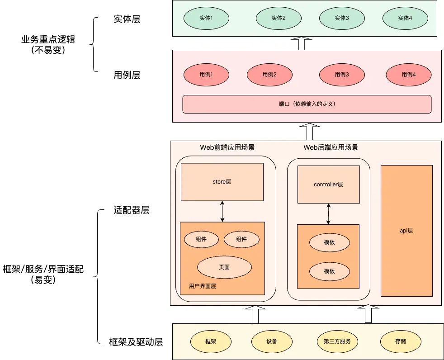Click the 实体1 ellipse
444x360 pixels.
(206, 19)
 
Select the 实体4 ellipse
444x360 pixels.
(405, 19)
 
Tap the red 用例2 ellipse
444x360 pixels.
(269, 75)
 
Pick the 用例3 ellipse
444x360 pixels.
(341, 75)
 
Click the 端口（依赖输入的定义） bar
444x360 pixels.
(307, 104)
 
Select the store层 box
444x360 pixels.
(222, 182)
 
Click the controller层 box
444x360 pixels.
(328, 185)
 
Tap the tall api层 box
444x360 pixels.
(406, 231)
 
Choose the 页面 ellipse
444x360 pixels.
(224, 267)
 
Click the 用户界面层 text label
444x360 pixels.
(202, 287)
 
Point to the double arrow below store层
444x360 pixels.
(222, 211)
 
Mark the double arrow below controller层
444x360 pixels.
(328, 214)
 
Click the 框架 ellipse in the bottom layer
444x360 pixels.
(210, 341)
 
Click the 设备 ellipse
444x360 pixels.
(271, 341)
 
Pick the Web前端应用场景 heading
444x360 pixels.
(227, 147)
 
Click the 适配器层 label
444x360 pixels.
(131, 210)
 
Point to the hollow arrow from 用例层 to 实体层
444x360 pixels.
(301, 44)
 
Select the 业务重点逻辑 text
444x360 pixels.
(48, 39)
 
